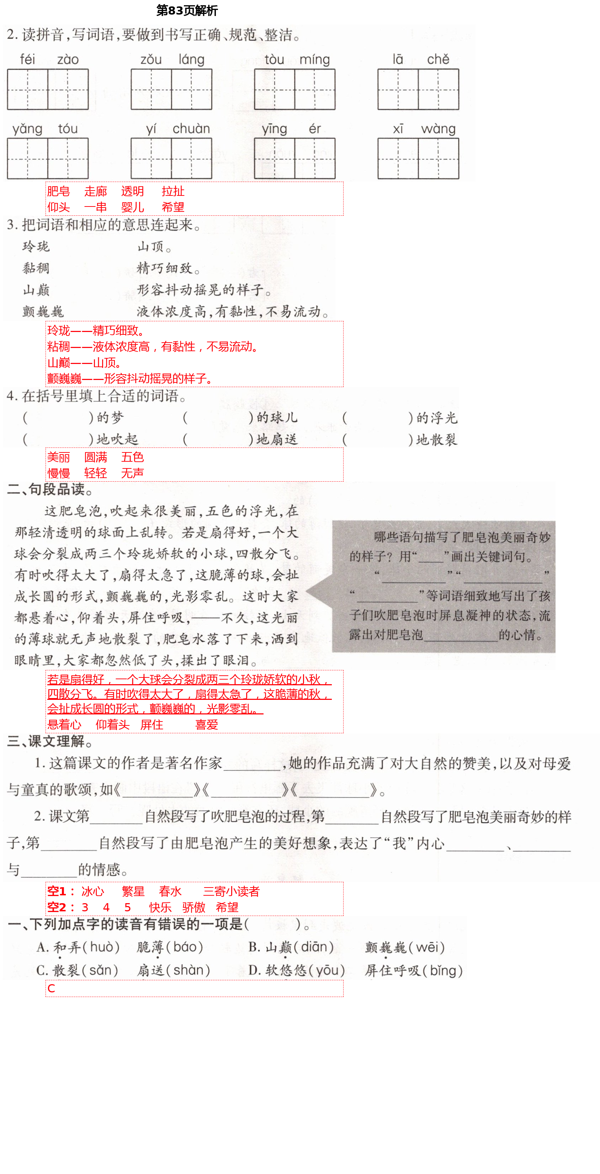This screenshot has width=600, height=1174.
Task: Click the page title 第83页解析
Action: [187, 10]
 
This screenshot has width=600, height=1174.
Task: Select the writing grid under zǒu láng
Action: [171, 89]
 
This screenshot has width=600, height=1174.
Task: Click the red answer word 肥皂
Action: [58, 192]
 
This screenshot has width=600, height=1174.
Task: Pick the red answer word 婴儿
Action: [132, 207]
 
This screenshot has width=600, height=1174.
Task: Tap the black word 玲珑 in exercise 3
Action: [36, 247]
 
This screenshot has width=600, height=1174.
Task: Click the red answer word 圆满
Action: [95, 457]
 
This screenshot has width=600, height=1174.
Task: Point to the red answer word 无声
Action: [132, 473]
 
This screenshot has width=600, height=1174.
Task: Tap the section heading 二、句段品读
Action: [50, 489]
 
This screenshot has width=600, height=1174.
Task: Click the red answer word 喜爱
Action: [207, 725]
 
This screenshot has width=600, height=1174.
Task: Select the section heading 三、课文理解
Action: [50, 741]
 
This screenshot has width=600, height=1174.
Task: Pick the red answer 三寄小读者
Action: [231, 891]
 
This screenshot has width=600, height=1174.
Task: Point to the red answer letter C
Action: [51, 988]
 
